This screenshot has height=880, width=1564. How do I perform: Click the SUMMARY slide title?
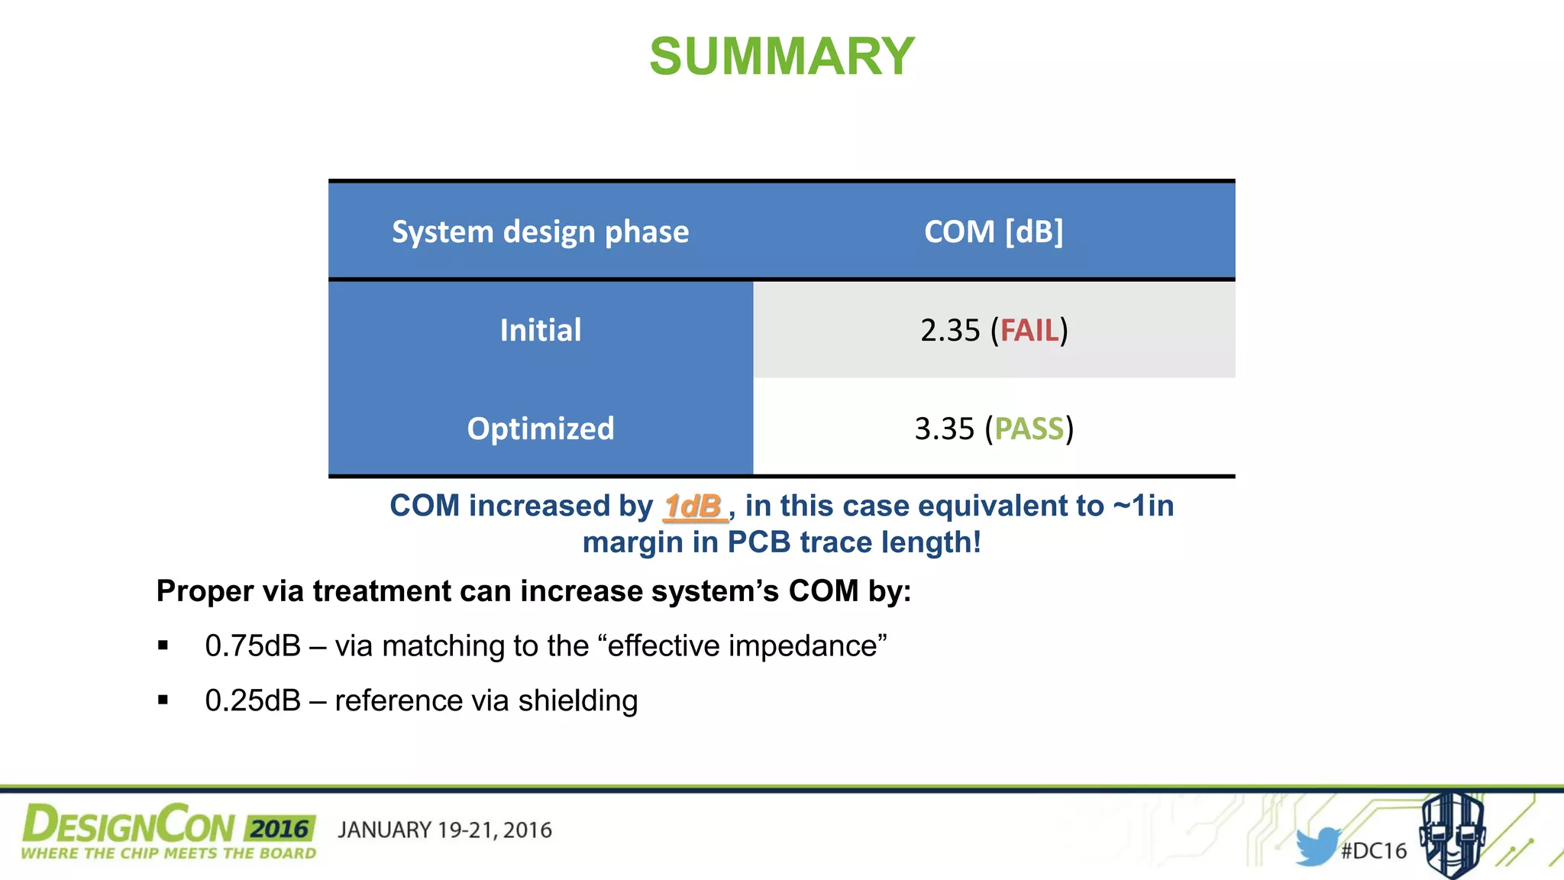pyautogui.click(x=781, y=57)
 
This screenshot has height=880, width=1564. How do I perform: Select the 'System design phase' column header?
pyautogui.click(x=540, y=231)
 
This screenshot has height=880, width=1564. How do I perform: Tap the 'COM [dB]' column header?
pyautogui.click(x=993, y=231)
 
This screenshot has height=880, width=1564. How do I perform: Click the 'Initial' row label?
pyautogui.click(x=540, y=330)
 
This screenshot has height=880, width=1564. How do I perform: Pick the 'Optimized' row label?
pyautogui.click(x=540, y=429)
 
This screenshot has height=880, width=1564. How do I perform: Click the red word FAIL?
pyautogui.click(x=1029, y=331)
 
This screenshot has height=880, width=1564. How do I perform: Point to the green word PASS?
pyautogui.click(x=1029, y=429)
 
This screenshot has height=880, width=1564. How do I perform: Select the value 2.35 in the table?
pyautogui.click(x=949, y=331)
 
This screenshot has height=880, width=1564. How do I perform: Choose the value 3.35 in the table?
pyautogui.click(x=944, y=429)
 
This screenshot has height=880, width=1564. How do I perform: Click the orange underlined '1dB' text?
pyautogui.click(x=693, y=506)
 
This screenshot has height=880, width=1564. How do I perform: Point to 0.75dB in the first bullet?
pyautogui.click(x=253, y=646)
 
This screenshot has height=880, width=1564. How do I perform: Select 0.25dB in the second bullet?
pyautogui.click(x=253, y=701)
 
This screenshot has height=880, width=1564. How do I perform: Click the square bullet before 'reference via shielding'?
pyautogui.click(x=163, y=700)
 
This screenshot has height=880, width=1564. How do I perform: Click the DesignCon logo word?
pyautogui.click(x=128, y=826)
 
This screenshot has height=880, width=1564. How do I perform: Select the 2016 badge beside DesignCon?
pyautogui.click(x=280, y=829)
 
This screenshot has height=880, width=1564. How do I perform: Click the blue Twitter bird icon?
pyautogui.click(x=1317, y=846)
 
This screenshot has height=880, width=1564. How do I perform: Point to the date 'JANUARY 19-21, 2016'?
pyautogui.click(x=444, y=830)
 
